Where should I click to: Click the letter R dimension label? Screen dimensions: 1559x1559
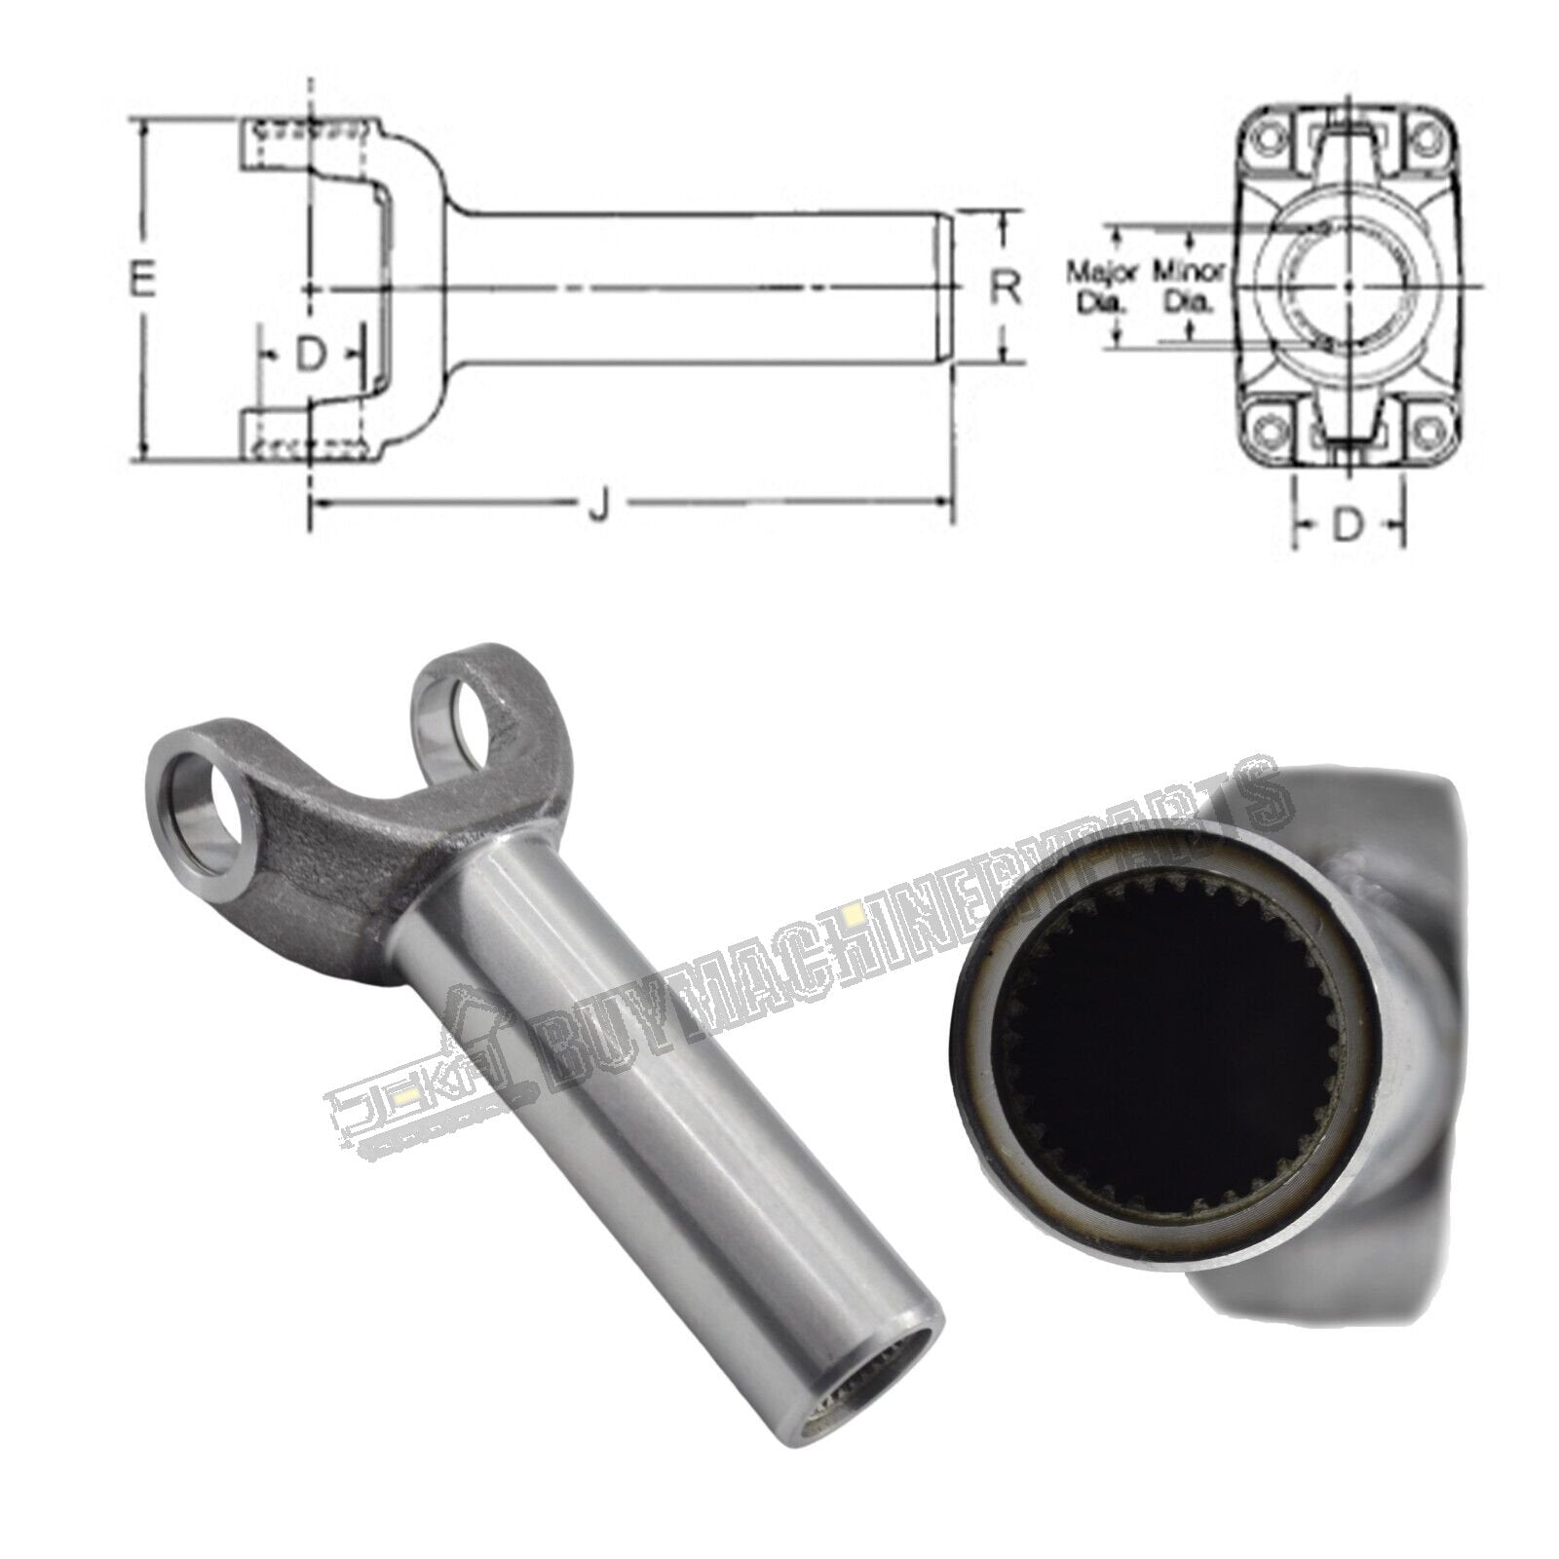pos(1006,287)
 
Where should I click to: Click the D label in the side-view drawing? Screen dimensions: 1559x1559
pos(309,357)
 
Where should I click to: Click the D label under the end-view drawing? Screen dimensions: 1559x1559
pos(1347,526)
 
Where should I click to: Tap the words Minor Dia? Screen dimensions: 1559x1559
pos(1190,285)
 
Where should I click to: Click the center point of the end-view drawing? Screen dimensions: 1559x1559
pos(1348,285)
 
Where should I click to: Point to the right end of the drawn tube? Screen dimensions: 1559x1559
pos(943,287)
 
